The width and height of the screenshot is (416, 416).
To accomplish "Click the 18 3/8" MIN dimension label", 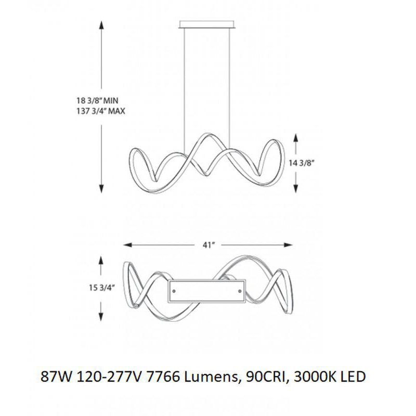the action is [x=97, y=101].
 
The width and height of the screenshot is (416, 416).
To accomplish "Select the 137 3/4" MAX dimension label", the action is [x=100, y=111].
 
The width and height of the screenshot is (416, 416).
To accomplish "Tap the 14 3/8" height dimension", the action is [x=302, y=163].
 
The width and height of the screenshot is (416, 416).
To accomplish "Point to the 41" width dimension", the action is [x=209, y=245].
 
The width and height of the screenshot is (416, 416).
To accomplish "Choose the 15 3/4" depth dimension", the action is [x=101, y=288].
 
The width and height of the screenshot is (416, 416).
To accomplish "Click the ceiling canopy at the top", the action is [x=207, y=24].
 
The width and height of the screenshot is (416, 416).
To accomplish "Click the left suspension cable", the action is [x=185, y=90].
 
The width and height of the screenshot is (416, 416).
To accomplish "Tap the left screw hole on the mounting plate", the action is [x=174, y=291].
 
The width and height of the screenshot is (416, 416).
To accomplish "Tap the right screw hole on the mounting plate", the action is [x=240, y=291].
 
